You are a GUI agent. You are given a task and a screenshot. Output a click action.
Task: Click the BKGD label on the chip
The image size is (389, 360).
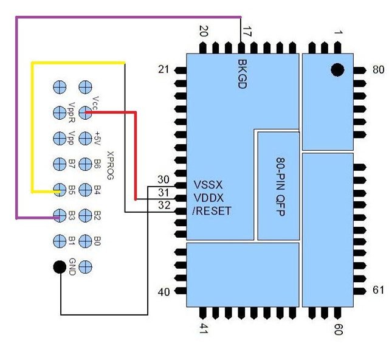241,75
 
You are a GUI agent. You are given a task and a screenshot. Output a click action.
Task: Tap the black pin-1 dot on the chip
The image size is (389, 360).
337,70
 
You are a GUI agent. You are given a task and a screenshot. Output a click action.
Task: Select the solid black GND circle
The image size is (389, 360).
59,266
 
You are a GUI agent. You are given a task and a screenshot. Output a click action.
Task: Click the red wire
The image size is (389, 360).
137,152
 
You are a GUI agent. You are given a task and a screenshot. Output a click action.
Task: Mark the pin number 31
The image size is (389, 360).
163,193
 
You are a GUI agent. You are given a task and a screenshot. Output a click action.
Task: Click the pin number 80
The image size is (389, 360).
378,70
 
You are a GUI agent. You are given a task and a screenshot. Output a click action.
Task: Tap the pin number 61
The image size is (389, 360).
378,291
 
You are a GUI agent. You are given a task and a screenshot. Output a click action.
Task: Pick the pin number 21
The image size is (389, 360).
163,70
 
